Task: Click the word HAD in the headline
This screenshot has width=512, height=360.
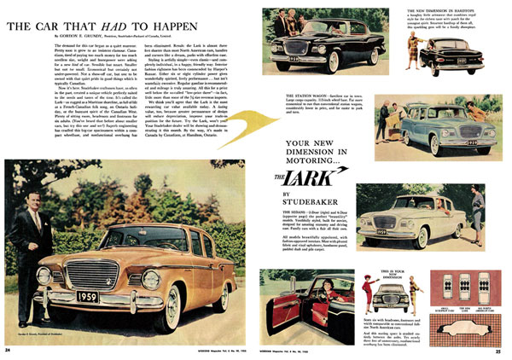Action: pos(95,26)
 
